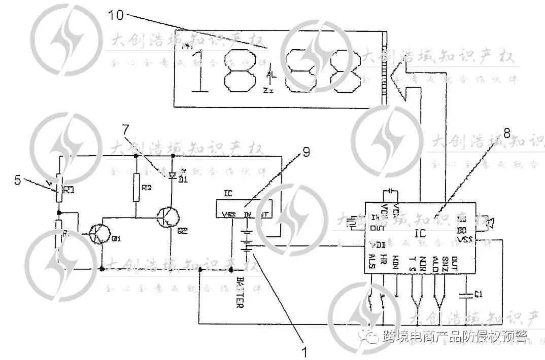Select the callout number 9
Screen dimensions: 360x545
(x=306, y=151)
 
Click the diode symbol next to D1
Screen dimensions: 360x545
(x=173, y=175)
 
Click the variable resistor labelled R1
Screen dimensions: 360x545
(x=59, y=188)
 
